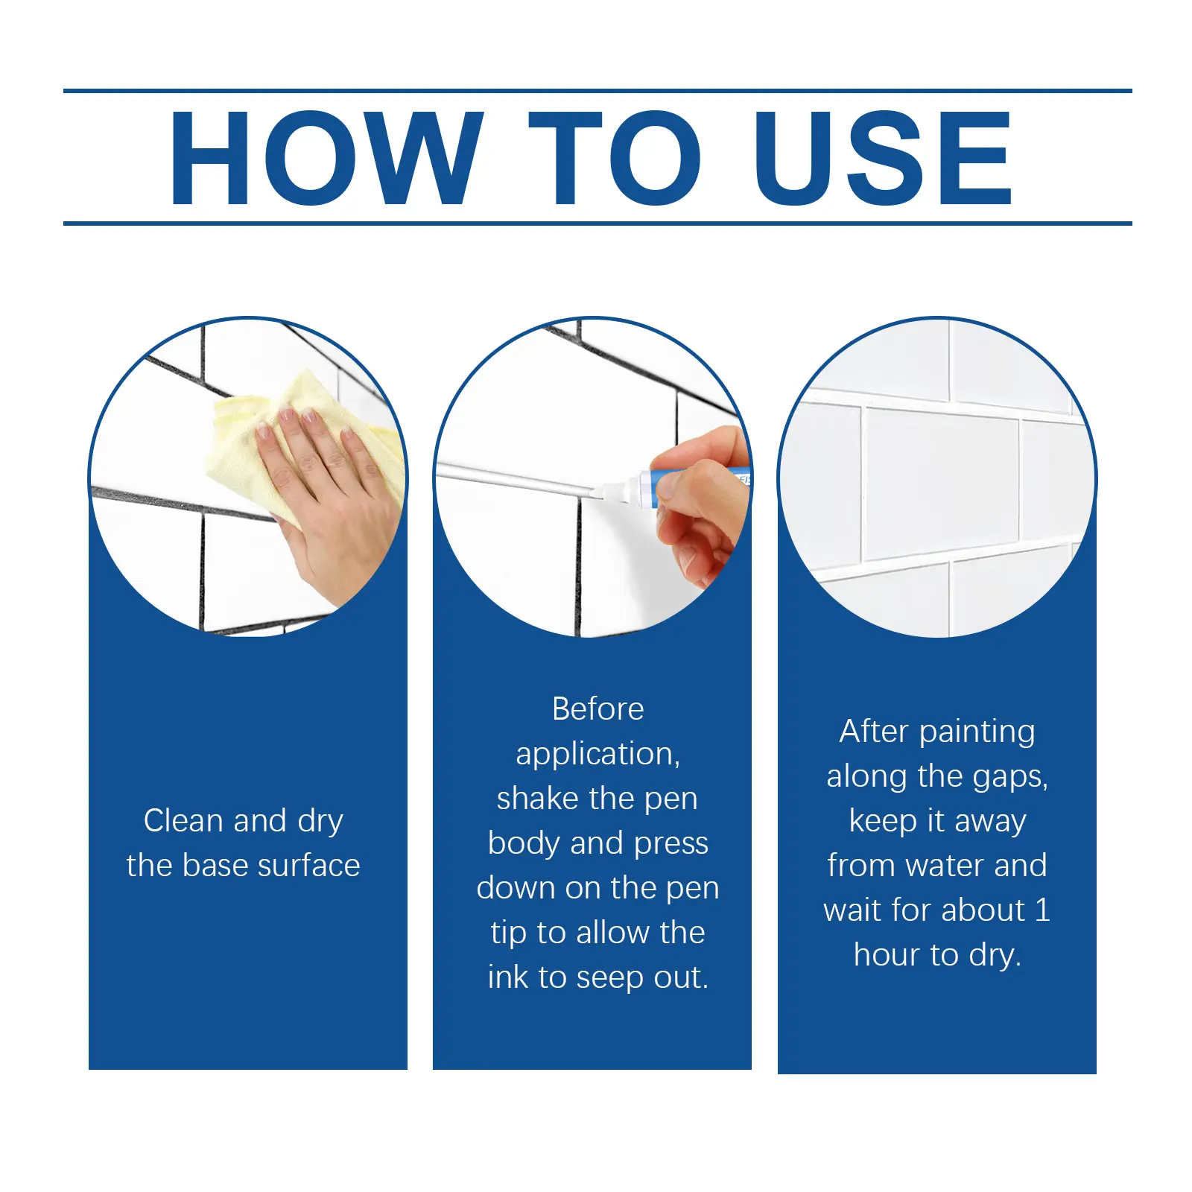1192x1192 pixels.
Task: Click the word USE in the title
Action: pyautogui.click(x=882, y=157)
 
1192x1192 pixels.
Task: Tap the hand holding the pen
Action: pyautogui.click(x=705, y=507)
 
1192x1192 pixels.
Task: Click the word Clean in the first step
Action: pyautogui.click(x=183, y=820)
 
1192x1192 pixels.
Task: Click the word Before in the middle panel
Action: pyautogui.click(x=597, y=708)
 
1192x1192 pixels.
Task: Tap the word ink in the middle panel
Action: pyautogui.click(x=507, y=977)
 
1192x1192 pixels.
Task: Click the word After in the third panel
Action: pyautogui.click(x=873, y=731)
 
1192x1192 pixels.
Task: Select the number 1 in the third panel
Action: pyautogui.click(x=1042, y=910)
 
